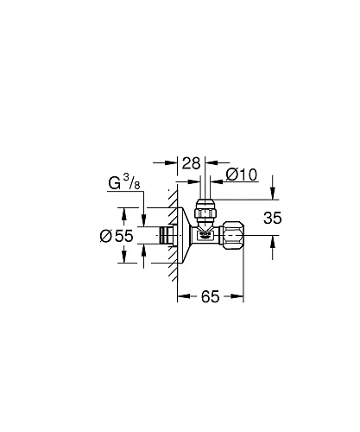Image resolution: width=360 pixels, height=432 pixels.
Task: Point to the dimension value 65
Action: tap(211, 295)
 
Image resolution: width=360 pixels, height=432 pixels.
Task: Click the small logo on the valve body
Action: tap(205, 233)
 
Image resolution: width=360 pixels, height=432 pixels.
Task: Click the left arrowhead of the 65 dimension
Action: tap(181, 295)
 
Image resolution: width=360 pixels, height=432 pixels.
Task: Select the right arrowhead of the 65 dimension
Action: tap(240, 295)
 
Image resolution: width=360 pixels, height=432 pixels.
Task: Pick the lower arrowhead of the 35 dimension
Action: tap(274, 242)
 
